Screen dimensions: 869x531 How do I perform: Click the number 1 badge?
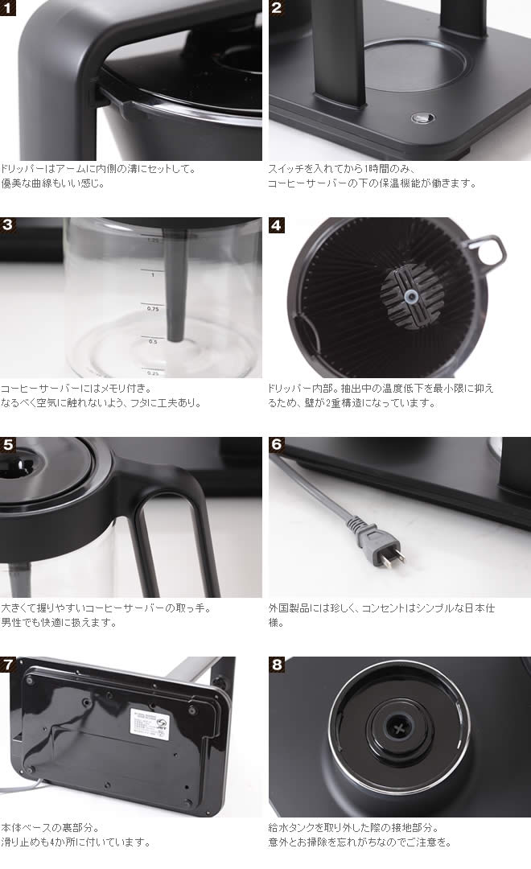(8, 8)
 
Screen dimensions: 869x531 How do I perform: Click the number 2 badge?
(277, 8)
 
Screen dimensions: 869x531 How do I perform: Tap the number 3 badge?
(8, 225)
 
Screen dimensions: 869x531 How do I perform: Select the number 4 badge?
(277, 225)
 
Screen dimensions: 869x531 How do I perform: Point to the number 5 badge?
(8, 445)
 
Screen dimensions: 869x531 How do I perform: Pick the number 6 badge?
(277, 445)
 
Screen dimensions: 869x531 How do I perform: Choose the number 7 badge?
(8, 665)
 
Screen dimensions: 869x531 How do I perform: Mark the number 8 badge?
(277, 665)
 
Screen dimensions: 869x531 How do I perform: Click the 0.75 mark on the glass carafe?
(152, 308)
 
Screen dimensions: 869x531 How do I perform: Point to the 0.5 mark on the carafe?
(153, 341)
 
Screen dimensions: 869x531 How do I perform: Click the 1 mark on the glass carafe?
(153, 274)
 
